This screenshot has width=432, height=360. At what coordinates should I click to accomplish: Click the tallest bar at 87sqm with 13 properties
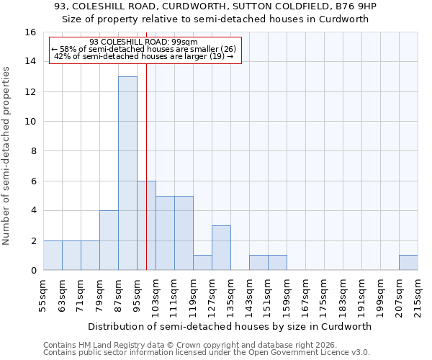pos(127,174)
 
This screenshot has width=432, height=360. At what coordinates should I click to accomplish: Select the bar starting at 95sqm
pos(146,225)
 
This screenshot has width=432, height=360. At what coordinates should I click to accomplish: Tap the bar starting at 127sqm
pos(221,248)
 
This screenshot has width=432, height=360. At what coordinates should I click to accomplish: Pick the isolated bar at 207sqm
pos(408,263)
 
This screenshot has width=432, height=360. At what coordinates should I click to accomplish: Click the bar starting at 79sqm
pos(109,240)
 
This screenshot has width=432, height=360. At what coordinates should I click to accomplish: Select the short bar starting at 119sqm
pos(202,263)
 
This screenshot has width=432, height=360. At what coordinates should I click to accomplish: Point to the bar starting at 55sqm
pos(53,256)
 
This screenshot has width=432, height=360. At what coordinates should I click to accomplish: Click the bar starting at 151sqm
pos(277,263)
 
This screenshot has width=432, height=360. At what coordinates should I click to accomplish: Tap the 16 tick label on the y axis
pos(30,32)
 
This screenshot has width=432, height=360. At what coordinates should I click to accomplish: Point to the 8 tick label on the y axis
pos(33,151)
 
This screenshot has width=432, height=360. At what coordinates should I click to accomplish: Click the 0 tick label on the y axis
pos(33,271)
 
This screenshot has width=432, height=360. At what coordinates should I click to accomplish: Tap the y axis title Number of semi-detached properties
pos(7,155)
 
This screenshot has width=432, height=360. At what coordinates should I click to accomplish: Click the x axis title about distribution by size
pos(230,326)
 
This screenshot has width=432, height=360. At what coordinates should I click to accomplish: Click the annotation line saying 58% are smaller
pos(144,49)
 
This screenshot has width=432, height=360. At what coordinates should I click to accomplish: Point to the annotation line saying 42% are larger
pos(144,56)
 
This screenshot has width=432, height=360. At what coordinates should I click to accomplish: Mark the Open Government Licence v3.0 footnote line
pos(207,353)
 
